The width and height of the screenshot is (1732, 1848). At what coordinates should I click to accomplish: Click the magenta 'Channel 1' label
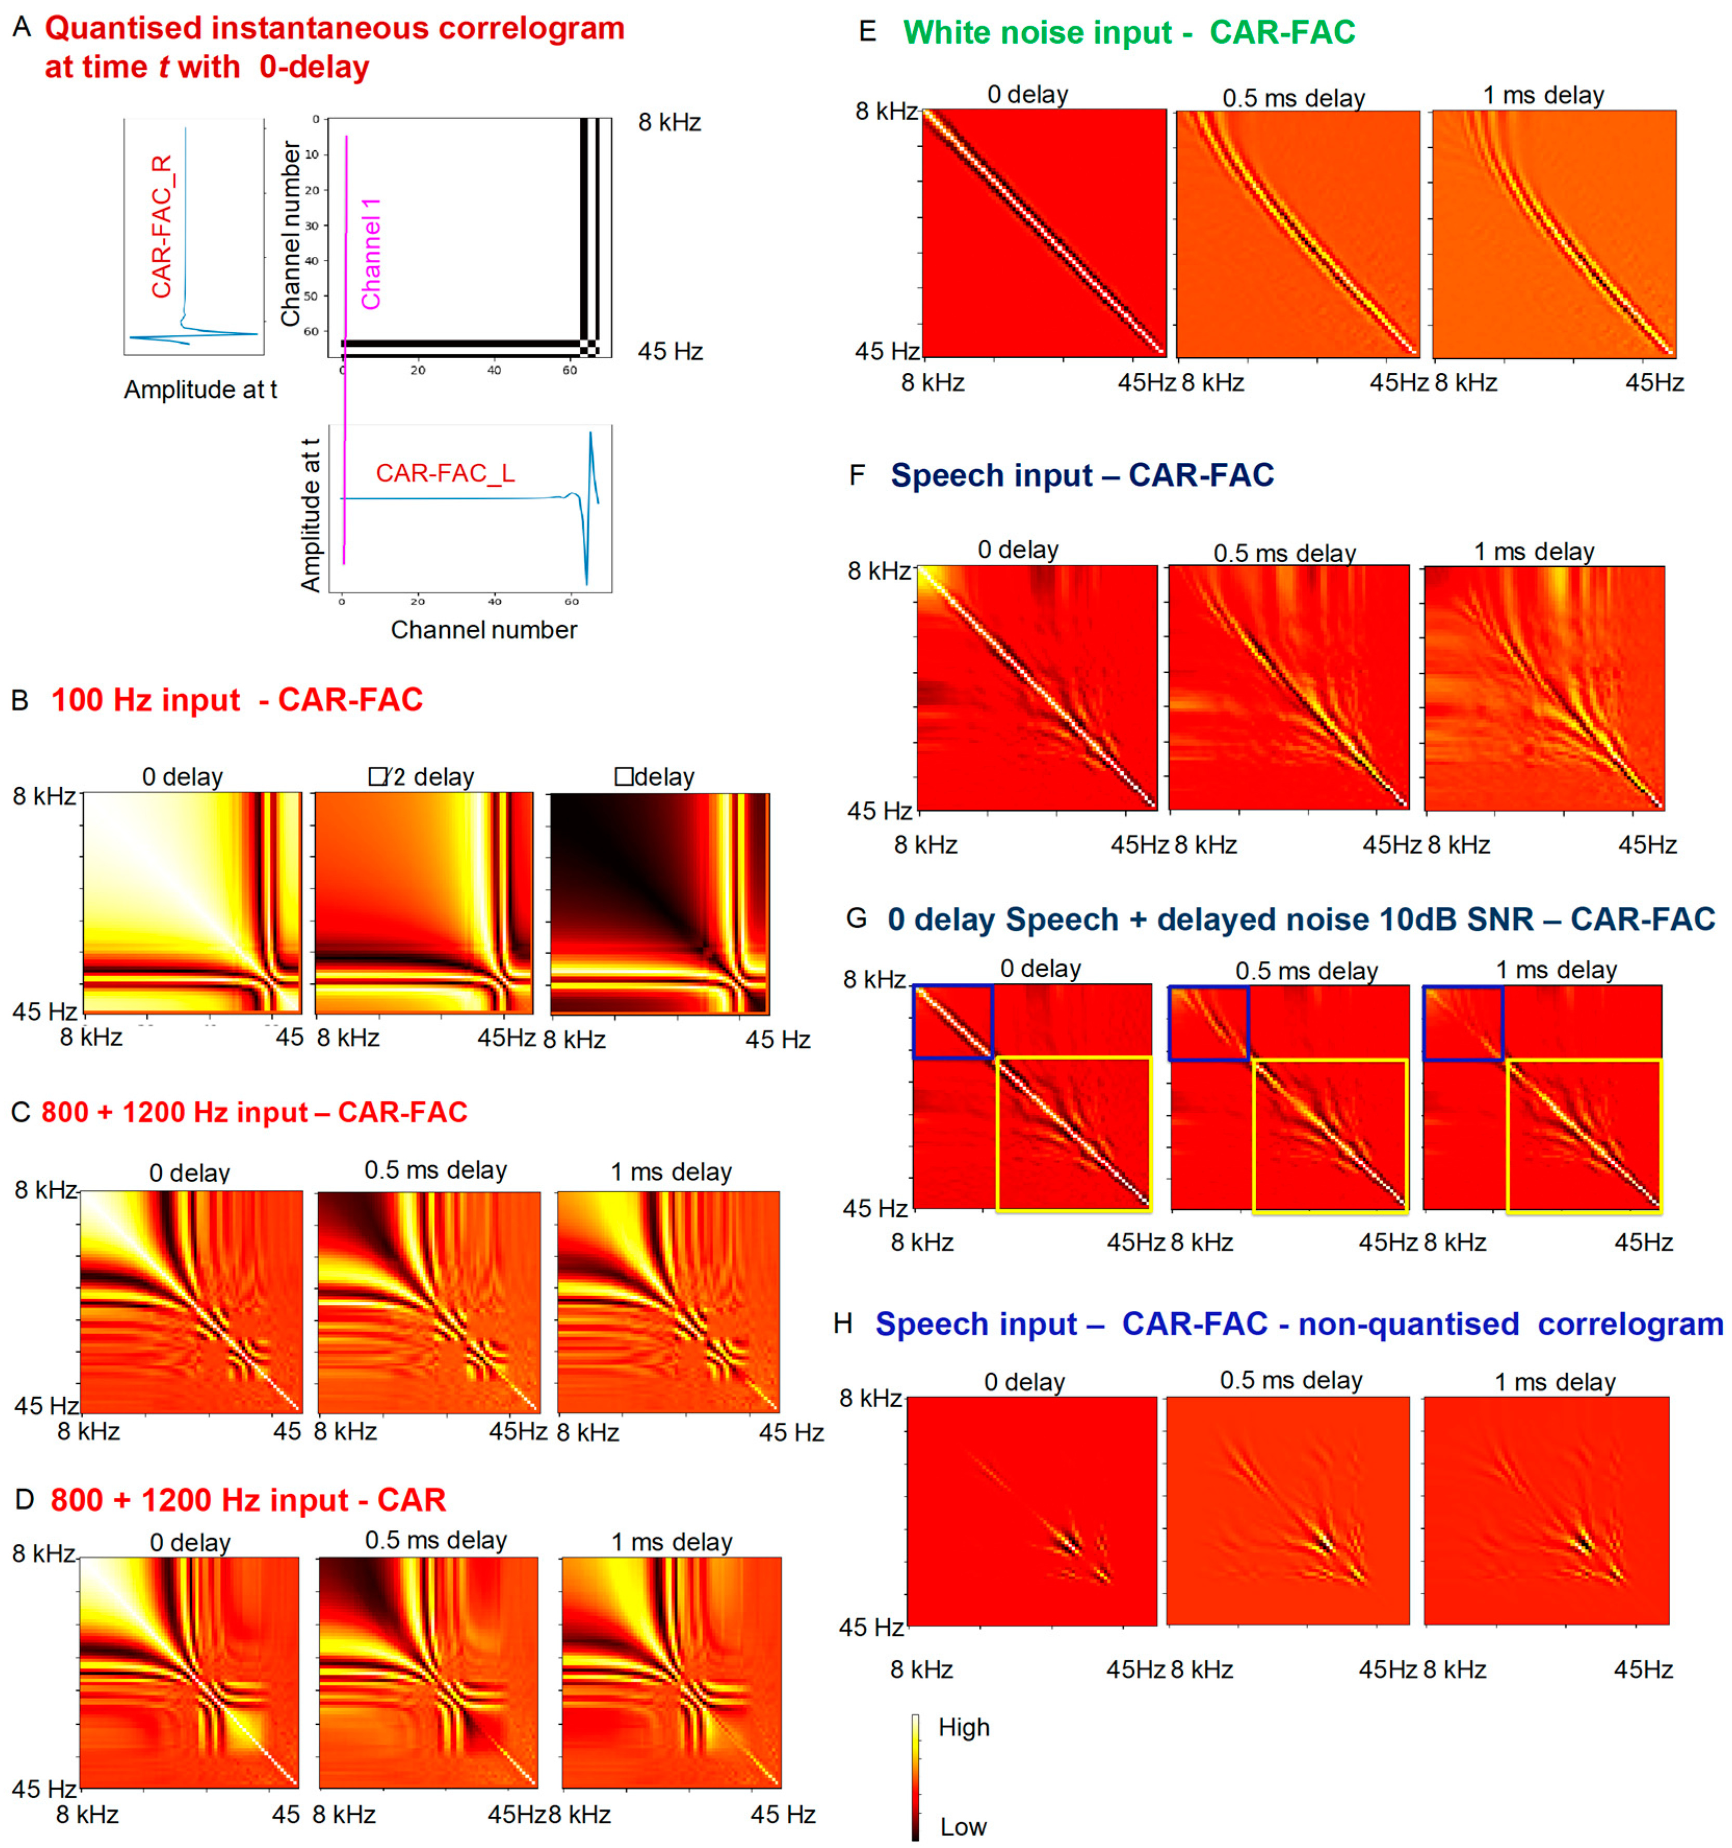pyautogui.click(x=371, y=253)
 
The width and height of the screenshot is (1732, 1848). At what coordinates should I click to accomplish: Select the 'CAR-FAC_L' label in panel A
pyautogui.click(x=445, y=473)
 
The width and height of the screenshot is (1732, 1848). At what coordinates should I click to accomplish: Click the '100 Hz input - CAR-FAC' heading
pyautogui.click(x=236, y=699)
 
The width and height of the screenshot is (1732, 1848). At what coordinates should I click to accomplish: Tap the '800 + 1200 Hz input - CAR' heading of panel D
pyautogui.click(x=248, y=1500)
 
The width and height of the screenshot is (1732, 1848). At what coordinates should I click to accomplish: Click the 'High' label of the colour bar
pyautogui.click(x=963, y=1727)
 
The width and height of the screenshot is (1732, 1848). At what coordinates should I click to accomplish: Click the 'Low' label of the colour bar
pyautogui.click(x=962, y=1827)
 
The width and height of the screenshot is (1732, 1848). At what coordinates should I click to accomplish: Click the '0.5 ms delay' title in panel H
pyautogui.click(x=1291, y=1381)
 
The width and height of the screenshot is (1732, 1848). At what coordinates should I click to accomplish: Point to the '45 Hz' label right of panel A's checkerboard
pyautogui.click(x=669, y=352)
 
